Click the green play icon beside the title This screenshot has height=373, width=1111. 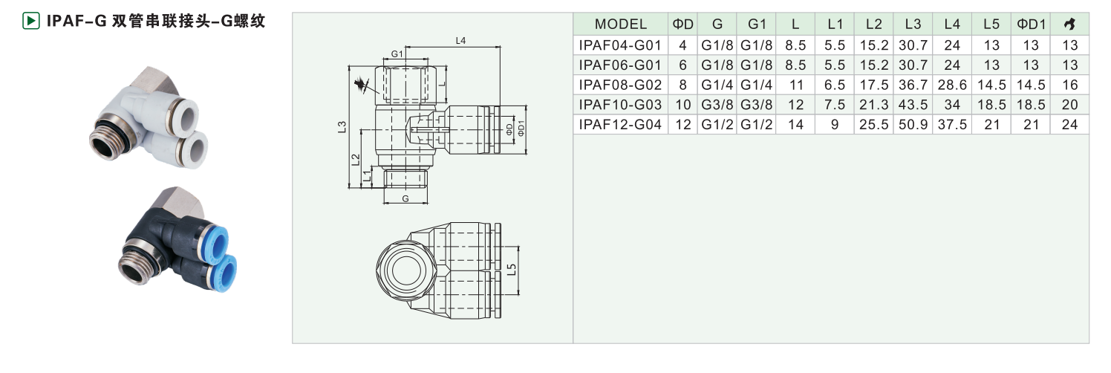(x=30, y=22)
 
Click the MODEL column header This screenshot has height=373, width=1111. (x=620, y=25)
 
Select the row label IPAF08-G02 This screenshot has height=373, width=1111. (x=620, y=85)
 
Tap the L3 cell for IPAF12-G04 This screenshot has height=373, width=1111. (x=913, y=125)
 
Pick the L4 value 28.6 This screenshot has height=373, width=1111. (x=952, y=85)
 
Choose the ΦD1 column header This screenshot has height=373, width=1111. (x=1031, y=25)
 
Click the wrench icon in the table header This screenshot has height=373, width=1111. (x=1070, y=25)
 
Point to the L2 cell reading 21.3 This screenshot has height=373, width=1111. (x=874, y=105)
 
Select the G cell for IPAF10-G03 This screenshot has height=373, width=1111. (x=717, y=105)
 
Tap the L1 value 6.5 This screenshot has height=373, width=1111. (x=835, y=85)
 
